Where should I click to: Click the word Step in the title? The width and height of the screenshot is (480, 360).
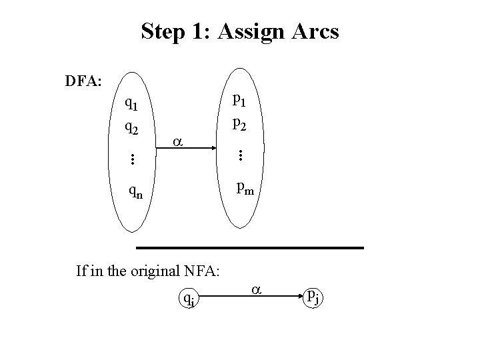pyautogui.click(x=163, y=32)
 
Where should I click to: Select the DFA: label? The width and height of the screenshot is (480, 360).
pyautogui.click(x=83, y=82)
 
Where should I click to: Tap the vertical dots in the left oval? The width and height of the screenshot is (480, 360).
pyautogui.click(x=132, y=159)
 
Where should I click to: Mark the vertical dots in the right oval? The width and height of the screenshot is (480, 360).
pyautogui.click(x=239, y=156)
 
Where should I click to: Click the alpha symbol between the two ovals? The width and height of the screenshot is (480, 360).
pyautogui.click(x=177, y=142)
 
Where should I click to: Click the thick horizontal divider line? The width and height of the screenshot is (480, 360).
pyautogui.click(x=250, y=248)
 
